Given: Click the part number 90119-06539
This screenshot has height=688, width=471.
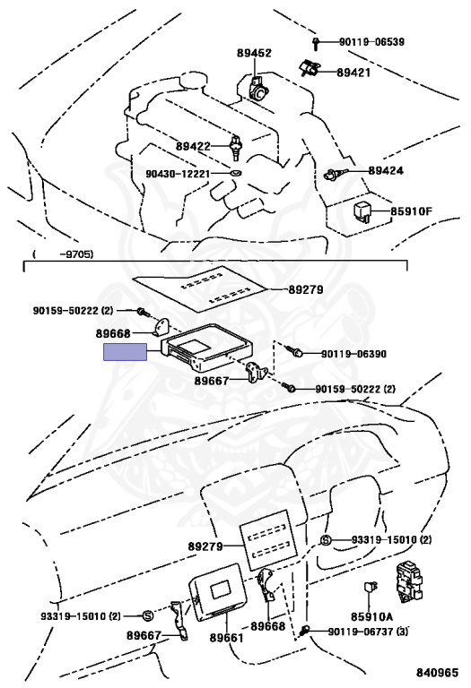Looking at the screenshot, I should (372, 42).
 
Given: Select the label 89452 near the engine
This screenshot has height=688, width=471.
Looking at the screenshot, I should (254, 54).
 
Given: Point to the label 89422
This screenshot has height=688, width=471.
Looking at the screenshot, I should (193, 146).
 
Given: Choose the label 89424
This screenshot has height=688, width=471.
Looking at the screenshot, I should (386, 169).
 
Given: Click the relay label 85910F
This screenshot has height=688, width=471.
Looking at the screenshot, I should (410, 212).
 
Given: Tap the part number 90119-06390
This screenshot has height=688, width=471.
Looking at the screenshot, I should (354, 354).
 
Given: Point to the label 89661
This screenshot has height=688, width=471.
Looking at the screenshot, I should (226, 637).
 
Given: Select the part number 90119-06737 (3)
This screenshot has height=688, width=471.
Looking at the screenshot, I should (368, 632).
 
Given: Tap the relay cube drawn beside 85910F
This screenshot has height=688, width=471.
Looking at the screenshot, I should (362, 209).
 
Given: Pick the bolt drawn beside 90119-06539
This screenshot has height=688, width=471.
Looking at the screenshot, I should (317, 43).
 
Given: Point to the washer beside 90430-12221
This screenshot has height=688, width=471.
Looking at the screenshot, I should (236, 173).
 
